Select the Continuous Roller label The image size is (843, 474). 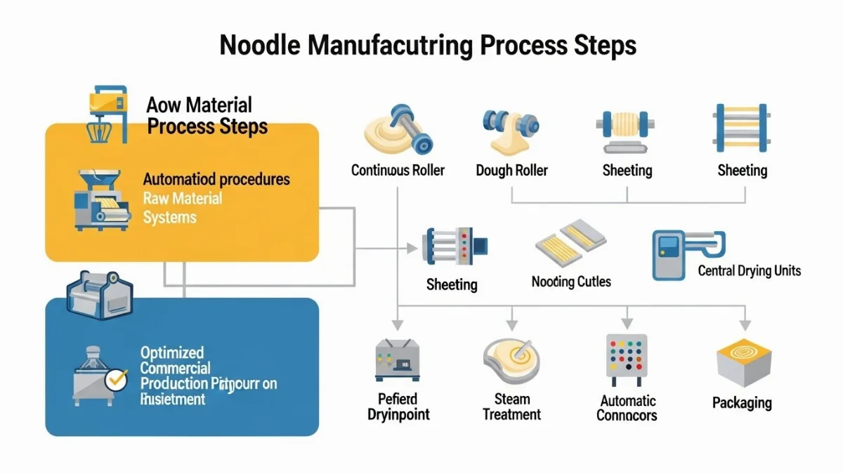coord(398,170)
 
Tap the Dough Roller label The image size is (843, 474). coord(511,170)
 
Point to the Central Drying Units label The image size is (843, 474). coord(749,270)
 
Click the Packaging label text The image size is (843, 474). coord(742,402)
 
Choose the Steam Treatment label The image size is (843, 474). coord(511,407)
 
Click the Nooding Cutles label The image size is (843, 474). coord(571,282)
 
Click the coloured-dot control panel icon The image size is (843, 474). coord(625,357)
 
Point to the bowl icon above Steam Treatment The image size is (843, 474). coord(511,359)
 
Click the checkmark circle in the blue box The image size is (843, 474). coord(115,380)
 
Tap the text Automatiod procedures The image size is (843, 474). coord(216,179)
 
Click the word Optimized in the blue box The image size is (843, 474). coord(172,353)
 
